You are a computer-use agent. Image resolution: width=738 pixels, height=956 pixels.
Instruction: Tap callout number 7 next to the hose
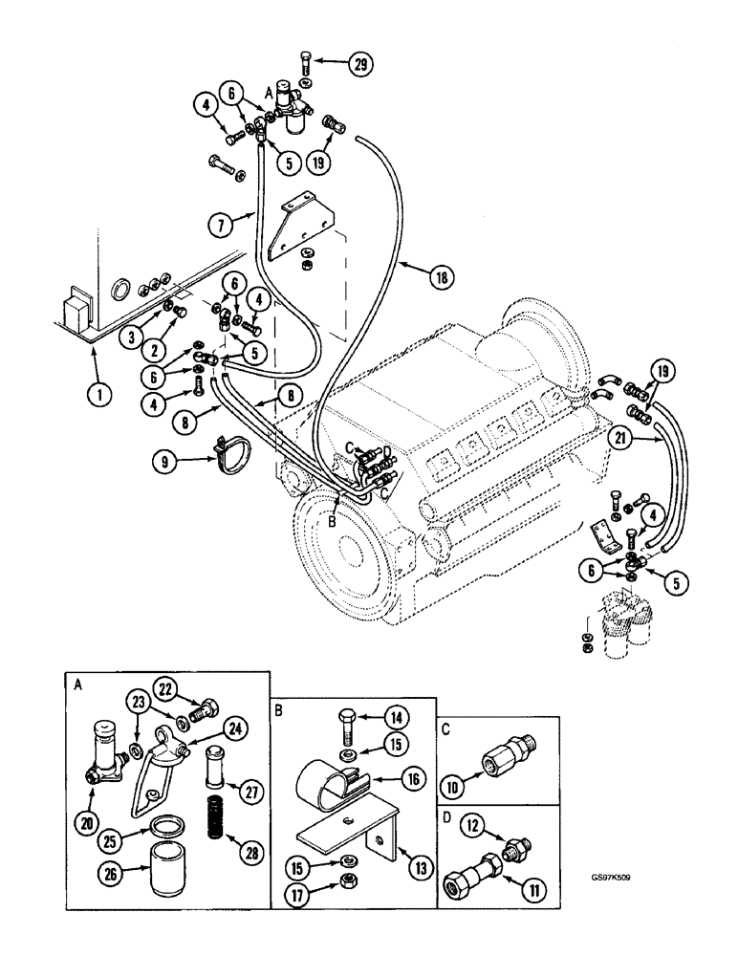222,226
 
